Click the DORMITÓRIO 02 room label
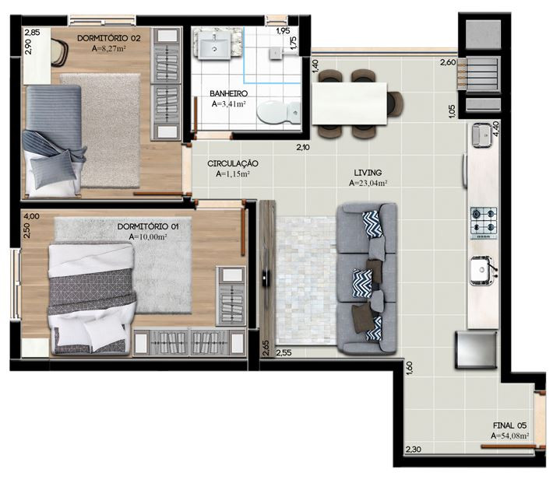(x=109, y=38)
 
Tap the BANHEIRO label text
(x=228, y=94)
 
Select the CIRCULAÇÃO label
(x=233, y=164)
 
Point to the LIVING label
(x=368, y=173)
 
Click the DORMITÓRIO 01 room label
(x=148, y=226)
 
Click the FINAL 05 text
(x=509, y=425)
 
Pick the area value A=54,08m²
(x=509, y=436)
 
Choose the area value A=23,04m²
(x=368, y=184)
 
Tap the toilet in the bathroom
(x=279, y=112)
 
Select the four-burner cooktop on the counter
(x=484, y=223)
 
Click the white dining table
(x=349, y=103)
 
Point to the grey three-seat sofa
(x=367, y=278)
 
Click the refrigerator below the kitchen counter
(x=476, y=349)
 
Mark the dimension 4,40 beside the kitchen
(x=496, y=128)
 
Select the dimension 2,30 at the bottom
(x=414, y=450)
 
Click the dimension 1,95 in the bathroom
(x=283, y=31)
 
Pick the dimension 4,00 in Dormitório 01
(x=32, y=216)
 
